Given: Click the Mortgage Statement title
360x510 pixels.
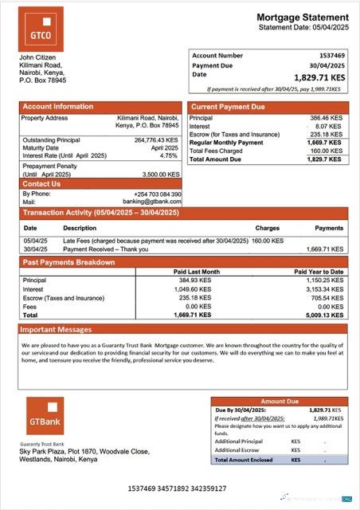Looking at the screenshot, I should coord(302,17).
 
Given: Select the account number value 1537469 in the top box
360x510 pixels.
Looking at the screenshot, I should coord(333,56).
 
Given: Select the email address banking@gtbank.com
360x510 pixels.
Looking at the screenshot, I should coord(159,202).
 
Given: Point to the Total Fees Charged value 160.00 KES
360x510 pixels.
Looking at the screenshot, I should coord(327,151).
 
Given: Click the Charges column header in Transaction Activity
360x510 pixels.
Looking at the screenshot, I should coord(267,229).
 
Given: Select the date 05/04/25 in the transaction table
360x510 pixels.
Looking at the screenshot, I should coord(35,240).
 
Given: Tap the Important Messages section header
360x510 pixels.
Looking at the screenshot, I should coord(56,329).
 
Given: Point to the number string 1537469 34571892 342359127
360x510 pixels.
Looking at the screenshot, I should coord(177,487).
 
